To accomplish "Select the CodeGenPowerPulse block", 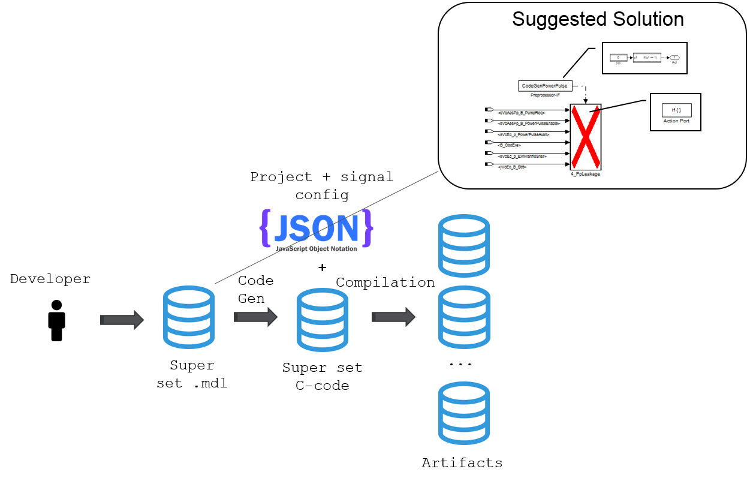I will point(544,86).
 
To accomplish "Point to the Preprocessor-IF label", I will point(544,95).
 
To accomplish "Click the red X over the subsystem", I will point(586,137).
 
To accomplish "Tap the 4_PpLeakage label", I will point(586,174).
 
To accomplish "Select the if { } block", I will point(676,110).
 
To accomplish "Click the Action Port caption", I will point(676,121).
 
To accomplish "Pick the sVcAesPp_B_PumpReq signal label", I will point(522,112).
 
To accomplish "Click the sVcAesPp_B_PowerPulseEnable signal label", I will point(529,123).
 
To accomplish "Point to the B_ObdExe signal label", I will point(510,145).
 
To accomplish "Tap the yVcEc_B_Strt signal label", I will point(512,167).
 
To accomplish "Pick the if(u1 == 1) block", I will point(648,57).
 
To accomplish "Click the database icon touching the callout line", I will point(189,317).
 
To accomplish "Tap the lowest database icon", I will point(464,413).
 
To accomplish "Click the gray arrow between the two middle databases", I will point(255,317).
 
